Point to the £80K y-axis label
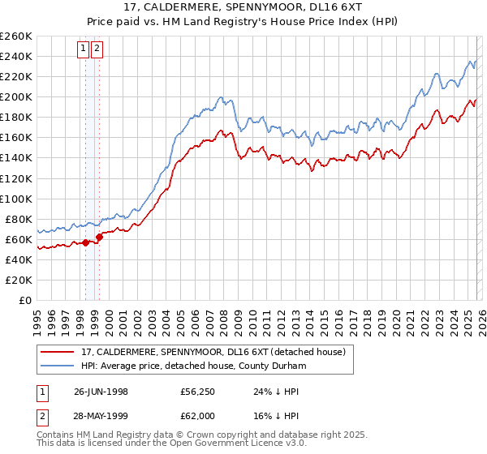(x=19, y=219)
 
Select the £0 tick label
(x=25, y=300)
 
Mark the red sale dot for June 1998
(x=85, y=242)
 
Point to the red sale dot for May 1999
(x=99, y=237)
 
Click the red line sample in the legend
(x=58, y=352)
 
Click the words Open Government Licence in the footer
(x=229, y=446)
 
